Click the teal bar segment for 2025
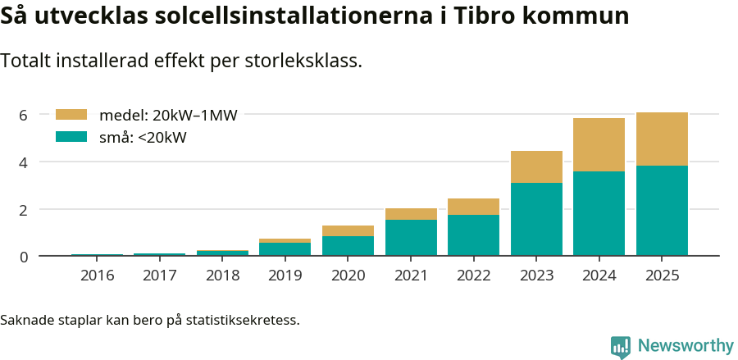(662, 211)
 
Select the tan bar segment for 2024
(599, 145)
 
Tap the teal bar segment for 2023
(536, 219)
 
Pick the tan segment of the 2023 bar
(536, 167)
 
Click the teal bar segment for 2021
(411, 238)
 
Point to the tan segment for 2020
(348, 231)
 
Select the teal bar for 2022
(473, 235)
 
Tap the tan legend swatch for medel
(71, 115)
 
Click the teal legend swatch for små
(71, 137)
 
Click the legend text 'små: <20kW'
(143, 138)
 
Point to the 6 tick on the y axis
(23, 115)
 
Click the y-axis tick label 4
(23, 162)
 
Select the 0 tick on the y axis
(23, 257)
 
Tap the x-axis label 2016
(98, 276)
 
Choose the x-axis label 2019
(285, 276)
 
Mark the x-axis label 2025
(662, 276)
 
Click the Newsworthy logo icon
(621, 346)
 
